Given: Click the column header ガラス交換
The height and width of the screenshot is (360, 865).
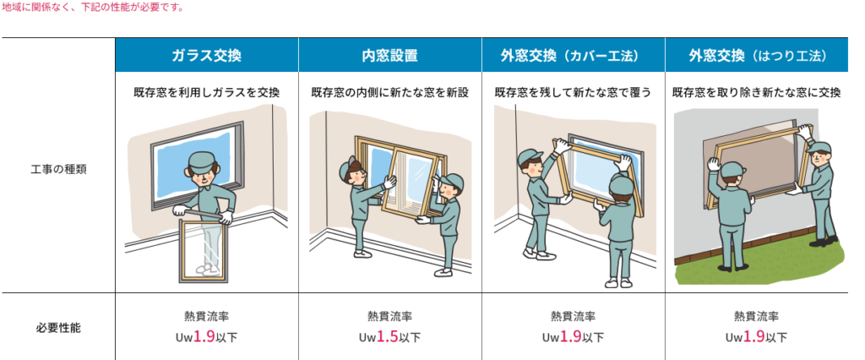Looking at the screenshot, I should coord(206,56).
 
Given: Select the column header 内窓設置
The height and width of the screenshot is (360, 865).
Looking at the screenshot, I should coord(389,56).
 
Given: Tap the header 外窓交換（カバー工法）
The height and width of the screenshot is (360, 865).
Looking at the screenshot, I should coord(573,56).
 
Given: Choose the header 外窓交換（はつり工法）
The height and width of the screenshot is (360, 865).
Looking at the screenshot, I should coord(756,56).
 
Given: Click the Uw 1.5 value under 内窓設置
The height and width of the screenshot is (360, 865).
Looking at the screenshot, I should coord(389,336).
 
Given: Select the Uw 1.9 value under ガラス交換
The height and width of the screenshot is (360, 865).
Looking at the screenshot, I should coord(206,336).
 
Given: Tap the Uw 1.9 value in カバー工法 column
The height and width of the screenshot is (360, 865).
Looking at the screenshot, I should coord(573,336).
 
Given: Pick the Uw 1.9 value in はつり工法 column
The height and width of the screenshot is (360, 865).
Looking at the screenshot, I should coord(756,336).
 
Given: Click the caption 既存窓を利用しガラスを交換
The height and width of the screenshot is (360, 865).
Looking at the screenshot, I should coord(206,92).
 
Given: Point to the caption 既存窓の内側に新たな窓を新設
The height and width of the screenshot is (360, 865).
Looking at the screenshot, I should coord(389,92).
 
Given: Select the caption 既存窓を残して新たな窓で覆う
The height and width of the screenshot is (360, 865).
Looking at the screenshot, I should coord(573,92).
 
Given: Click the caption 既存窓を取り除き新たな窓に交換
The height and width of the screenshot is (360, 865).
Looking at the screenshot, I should coord(756,92).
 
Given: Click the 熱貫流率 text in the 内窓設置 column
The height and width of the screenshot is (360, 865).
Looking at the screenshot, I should coord(389,317).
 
